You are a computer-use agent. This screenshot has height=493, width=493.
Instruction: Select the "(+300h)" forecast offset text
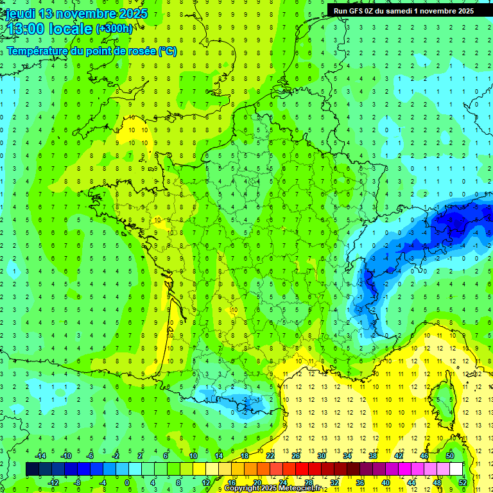coord(114,28)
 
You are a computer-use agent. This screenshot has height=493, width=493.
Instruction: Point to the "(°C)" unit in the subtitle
coord(168,51)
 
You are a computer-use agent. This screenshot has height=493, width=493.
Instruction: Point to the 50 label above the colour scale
coord(449,455)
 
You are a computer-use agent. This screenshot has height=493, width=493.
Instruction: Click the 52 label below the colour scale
coord(463,482)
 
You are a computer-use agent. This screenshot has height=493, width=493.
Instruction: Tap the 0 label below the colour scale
coord(127,482)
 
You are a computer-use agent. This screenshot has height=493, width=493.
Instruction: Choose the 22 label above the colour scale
coord(270,455)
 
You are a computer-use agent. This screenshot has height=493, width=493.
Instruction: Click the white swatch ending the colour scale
coord(456,469)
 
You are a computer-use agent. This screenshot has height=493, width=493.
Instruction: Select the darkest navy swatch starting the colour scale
coord(32,469)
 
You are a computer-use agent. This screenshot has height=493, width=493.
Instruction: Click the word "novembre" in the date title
coord(87,13)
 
